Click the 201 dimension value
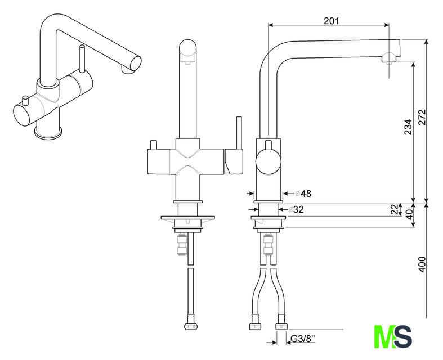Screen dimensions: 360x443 click(x=332, y=21)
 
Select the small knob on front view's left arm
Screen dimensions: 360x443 click(x=153, y=147)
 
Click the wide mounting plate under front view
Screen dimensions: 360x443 click(x=187, y=217)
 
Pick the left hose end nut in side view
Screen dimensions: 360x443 click(x=254, y=326)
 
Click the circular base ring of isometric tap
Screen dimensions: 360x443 click(x=47, y=133)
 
